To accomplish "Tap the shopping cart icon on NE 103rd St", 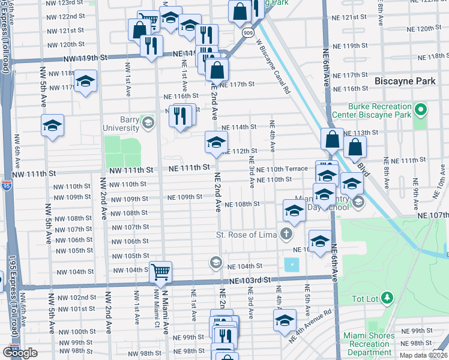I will [x=161, y=272].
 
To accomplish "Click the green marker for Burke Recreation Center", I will [x=421, y=110].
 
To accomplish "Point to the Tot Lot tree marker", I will [x=387, y=297].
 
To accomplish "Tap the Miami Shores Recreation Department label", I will [x=367, y=344].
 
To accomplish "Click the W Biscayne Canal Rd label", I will [x=273, y=66].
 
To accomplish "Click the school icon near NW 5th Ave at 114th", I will [x=52, y=126].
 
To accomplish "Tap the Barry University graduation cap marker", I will [x=147, y=124].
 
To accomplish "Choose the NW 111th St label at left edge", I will [x=35, y=172].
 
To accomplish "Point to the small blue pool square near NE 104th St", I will [x=291, y=264].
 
